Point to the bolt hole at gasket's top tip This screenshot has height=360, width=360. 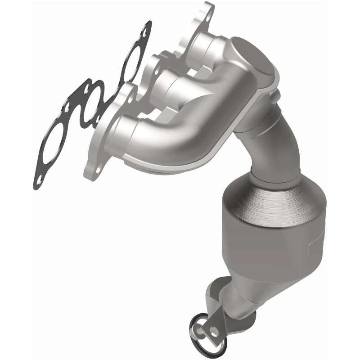tap(144, 31)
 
